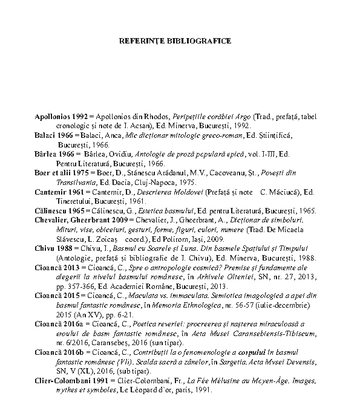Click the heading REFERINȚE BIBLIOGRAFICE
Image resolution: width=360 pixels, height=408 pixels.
[x=175, y=42]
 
